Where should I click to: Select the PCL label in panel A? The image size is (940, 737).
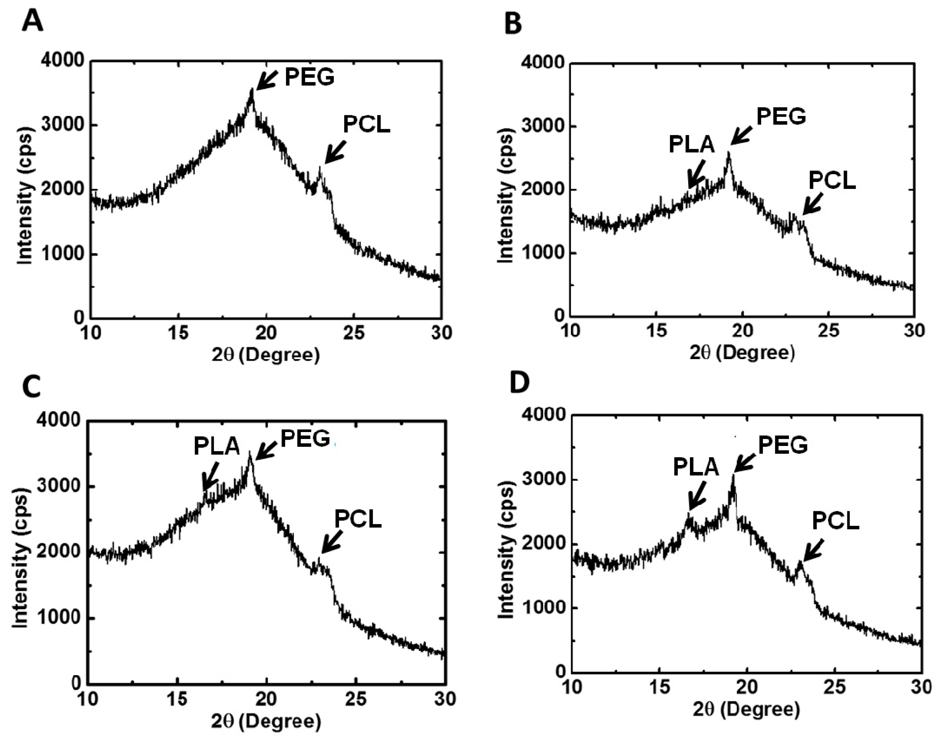tap(366, 125)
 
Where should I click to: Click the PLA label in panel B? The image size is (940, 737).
tap(691, 144)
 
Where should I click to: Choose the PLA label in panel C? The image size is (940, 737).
tap(216, 447)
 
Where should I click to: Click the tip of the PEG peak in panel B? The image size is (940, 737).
tap(728, 153)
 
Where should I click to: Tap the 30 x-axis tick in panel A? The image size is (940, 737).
tap(442, 333)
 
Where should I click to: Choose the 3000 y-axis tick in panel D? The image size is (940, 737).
tap(543, 480)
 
